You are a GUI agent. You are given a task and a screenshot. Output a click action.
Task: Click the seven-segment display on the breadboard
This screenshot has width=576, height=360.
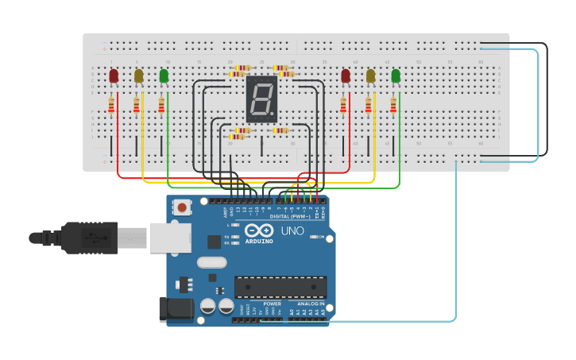(x=261, y=99)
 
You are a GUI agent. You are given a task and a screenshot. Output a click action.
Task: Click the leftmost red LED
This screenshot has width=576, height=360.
(x=114, y=75)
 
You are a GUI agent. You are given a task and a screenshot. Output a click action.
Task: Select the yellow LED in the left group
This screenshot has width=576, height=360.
(x=139, y=75)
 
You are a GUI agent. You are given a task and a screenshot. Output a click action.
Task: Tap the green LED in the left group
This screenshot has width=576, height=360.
(x=164, y=75)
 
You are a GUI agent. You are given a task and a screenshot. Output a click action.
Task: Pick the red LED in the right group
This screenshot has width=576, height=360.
(x=346, y=75)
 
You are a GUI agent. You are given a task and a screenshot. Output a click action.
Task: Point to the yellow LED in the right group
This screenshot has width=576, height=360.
(x=370, y=75)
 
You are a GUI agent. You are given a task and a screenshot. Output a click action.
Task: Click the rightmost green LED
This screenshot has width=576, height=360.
(x=396, y=75)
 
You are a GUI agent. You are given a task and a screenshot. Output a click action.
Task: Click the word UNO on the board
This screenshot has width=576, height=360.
(x=292, y=230)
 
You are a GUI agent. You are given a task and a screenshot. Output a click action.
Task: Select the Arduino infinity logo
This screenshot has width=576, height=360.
(x=258, y=230)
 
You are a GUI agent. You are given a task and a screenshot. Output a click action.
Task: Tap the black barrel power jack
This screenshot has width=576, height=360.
(x=176, y=309)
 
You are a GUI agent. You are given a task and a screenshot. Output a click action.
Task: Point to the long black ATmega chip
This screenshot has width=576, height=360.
(x=280, y=287)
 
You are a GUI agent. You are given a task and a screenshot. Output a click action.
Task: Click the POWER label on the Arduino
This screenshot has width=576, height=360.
(x=272, y=304)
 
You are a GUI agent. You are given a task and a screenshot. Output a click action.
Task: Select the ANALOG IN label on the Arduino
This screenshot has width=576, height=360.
(x=311, y=304)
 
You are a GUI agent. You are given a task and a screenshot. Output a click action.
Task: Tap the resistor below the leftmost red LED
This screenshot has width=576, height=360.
(x=111, y=105)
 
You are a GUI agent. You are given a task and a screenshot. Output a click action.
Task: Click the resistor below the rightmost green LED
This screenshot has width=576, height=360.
(x=393, y=105)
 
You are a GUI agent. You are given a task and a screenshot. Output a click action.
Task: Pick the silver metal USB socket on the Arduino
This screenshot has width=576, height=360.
(x=170, y=237)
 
